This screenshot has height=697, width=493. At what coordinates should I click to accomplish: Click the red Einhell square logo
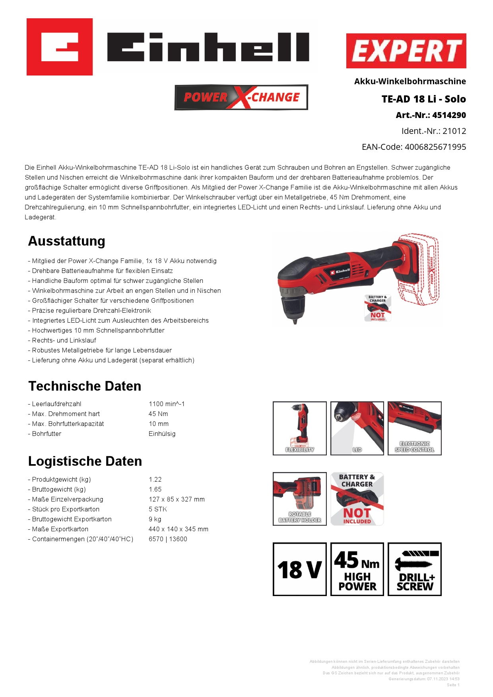(60, 47)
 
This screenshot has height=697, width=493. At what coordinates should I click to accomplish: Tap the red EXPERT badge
(406, 51)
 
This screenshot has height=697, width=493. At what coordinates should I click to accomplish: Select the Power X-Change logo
(241, 97)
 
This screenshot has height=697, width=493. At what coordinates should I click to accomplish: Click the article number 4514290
(449, 115)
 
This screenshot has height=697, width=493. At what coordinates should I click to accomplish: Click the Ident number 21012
(454, 131)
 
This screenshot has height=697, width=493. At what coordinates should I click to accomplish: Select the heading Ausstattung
(67, 241)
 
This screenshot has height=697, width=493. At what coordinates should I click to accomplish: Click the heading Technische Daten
(85, 386)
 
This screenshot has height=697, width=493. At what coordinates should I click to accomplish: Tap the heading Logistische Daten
(85, 461)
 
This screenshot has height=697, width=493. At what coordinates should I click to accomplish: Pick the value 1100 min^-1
(167, 404)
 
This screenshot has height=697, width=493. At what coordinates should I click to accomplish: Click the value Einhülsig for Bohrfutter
(162, 434)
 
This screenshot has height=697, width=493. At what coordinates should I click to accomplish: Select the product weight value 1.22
(155, 480)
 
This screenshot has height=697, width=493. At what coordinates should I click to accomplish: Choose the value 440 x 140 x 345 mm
(179, 529)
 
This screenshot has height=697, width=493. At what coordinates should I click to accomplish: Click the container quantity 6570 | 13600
(168, 539)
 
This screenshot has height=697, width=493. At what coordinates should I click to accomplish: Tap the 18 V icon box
(300, 569)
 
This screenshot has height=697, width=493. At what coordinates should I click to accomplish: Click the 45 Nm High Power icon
(357, 569)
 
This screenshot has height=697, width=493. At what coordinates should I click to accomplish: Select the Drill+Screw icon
(415, 569)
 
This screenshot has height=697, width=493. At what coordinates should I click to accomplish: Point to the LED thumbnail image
(357, 428)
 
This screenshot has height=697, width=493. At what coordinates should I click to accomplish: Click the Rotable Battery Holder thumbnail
(300, 499)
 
